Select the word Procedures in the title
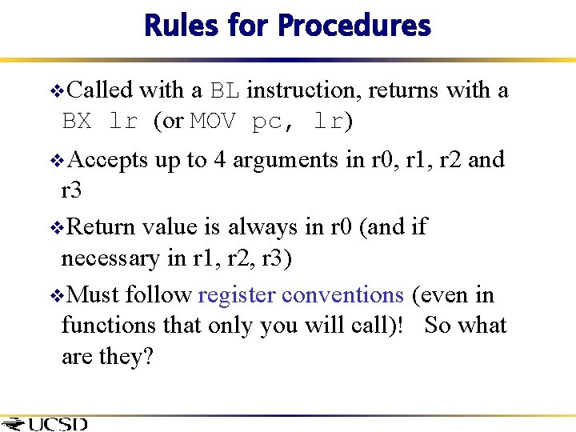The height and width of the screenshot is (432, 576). click(x=354, y=26)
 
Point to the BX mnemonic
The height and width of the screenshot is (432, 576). click(x=77, y=122)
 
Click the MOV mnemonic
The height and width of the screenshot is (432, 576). click(x=214, y=122)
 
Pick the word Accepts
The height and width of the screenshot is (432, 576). click(x=108, y=160)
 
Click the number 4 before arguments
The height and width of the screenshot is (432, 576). click(x=219, y=160)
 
